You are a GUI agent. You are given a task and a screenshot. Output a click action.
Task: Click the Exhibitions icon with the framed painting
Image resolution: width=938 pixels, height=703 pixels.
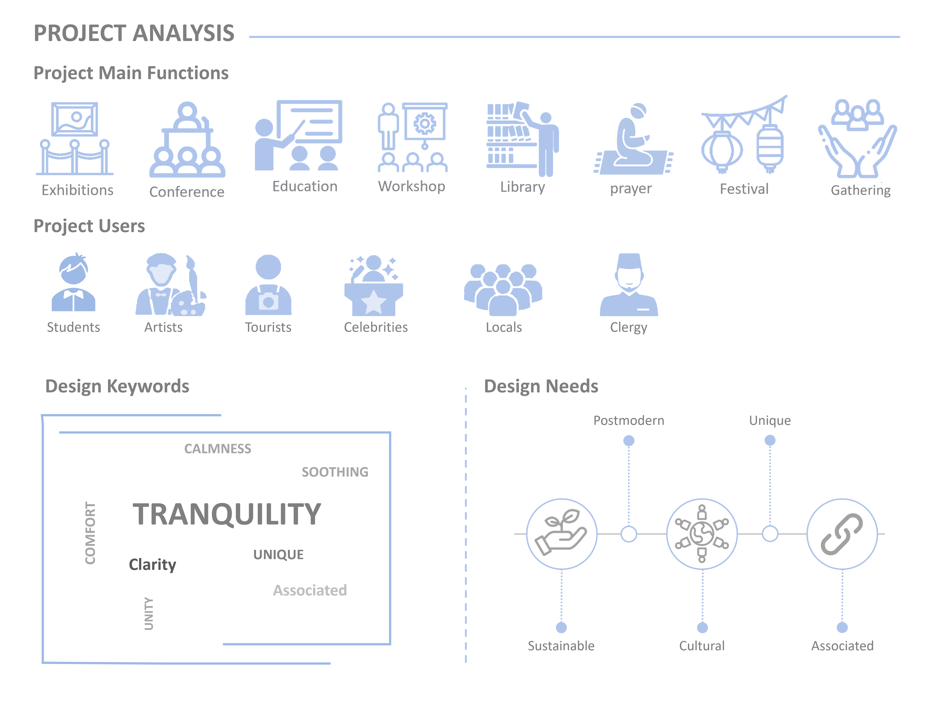[x=75, y=138]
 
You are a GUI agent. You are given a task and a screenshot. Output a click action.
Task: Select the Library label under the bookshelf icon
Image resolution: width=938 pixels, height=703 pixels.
[x=522, y=187]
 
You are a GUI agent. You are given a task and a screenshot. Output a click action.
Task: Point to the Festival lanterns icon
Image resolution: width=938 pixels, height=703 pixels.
[x=744, y=135]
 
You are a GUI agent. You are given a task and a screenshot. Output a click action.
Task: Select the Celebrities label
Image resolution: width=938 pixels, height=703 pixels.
[x=376, y=327]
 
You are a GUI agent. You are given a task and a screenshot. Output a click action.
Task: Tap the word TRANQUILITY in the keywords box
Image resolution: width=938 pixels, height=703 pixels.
[x=227, y=514]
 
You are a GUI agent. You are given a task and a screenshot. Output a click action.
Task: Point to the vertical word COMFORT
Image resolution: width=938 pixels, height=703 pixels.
[x=90, y=533]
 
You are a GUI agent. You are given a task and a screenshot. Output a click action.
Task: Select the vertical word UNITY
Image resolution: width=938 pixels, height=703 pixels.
[x=149, y=614]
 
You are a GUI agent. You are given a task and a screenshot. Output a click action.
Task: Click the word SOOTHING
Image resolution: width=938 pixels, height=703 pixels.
[x=335, y=472]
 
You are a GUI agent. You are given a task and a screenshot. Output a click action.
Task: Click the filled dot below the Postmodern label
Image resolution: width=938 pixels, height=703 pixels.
[x=629, y=441]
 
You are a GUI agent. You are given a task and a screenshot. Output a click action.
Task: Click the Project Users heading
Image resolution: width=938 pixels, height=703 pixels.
[x=89, y=226]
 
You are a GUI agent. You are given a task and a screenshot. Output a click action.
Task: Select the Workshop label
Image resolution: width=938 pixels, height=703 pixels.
[x=412, y=186]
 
